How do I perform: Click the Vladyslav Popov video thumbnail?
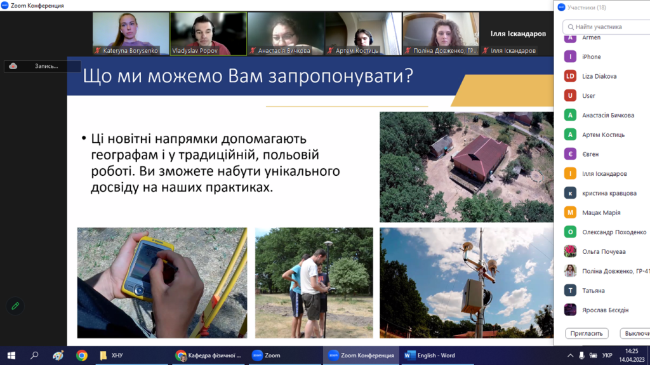[208, 34]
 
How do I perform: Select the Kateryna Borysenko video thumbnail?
[131, 34]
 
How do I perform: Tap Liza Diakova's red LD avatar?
[571, 76]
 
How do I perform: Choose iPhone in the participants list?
[591, 57]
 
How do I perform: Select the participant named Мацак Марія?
[601, 213]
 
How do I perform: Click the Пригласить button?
[587, 333]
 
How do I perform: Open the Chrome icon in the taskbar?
[82, 355]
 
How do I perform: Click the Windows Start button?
[11, 355]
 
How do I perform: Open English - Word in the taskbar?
[431, 355]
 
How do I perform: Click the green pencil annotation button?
[15, 306]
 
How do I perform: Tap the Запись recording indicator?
[43, 66]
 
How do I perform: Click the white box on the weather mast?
[472, 296]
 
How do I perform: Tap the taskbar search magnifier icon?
[34, 355]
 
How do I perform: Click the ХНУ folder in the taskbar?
[112, 355]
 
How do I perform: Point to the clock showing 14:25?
[632, 351]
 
